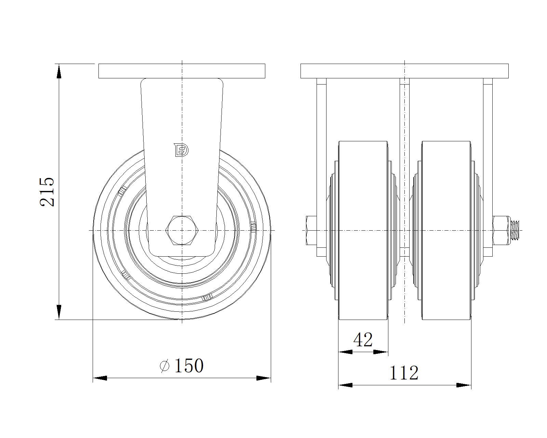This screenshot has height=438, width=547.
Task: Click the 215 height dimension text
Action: click(x=47, y=192)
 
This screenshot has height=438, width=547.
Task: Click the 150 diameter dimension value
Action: click(x=189, y=366)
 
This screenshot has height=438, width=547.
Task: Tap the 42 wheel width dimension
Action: click(x=363, y=340)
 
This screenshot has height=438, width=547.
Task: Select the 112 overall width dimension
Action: click(x=404, y=373)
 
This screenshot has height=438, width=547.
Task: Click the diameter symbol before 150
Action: click(x=164, y=366)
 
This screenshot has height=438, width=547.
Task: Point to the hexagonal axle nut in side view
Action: click(x=182, y=230)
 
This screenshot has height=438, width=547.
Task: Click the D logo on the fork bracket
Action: click(x=181, y=150)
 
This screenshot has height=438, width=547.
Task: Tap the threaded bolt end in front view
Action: click(x=515, y=230)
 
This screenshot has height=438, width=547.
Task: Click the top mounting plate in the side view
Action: click(x=182, y=71)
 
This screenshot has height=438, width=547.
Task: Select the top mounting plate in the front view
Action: click(x=404, y=71)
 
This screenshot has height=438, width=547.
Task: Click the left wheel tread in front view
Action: click(x=363, y=230)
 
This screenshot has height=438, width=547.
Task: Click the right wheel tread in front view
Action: click(x=446, y=230)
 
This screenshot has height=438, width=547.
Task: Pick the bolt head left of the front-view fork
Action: click(x=311, y=230)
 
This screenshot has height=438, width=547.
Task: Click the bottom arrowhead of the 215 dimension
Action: click(x=59, y=312)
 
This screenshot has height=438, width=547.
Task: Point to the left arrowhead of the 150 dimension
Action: click(x=100, y=378)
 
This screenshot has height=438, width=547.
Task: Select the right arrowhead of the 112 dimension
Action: click(x=464, y=385)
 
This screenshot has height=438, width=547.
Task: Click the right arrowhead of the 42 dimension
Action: click(x=381, y=352)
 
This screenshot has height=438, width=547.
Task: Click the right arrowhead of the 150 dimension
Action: click(x=264, y=378)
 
